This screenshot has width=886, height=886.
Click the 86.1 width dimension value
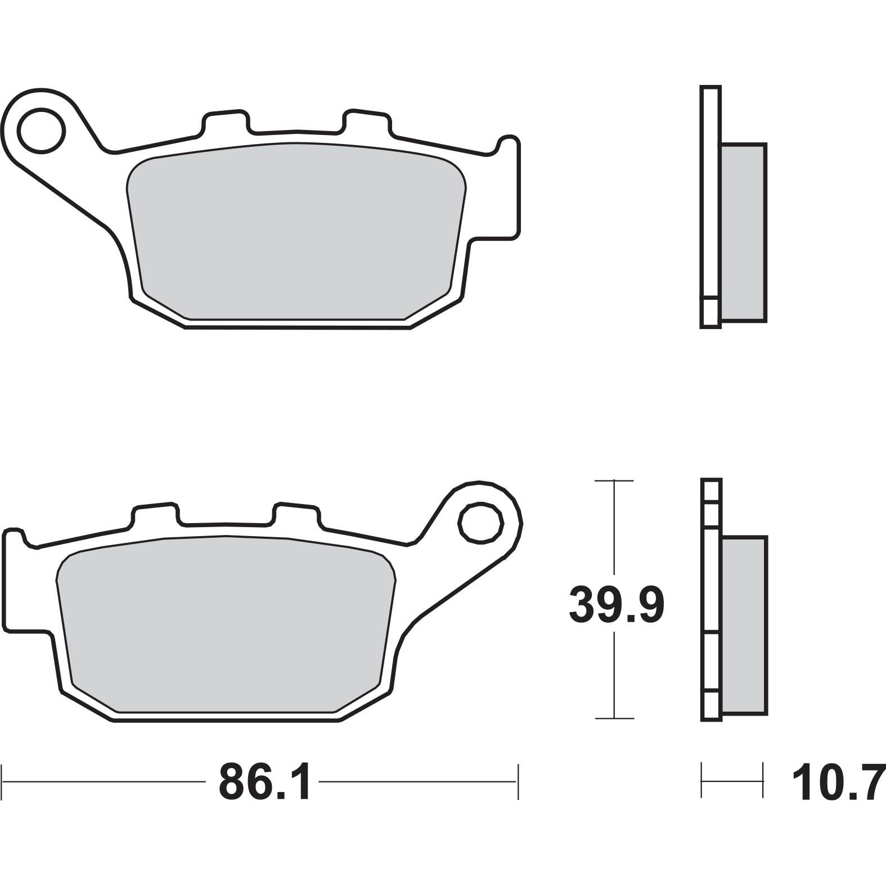tap(264, 782)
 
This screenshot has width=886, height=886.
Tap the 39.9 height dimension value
tap(617, 604)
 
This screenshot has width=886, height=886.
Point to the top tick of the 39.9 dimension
tap(614, 481)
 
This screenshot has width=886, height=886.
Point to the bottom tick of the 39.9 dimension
tap(614, 718)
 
